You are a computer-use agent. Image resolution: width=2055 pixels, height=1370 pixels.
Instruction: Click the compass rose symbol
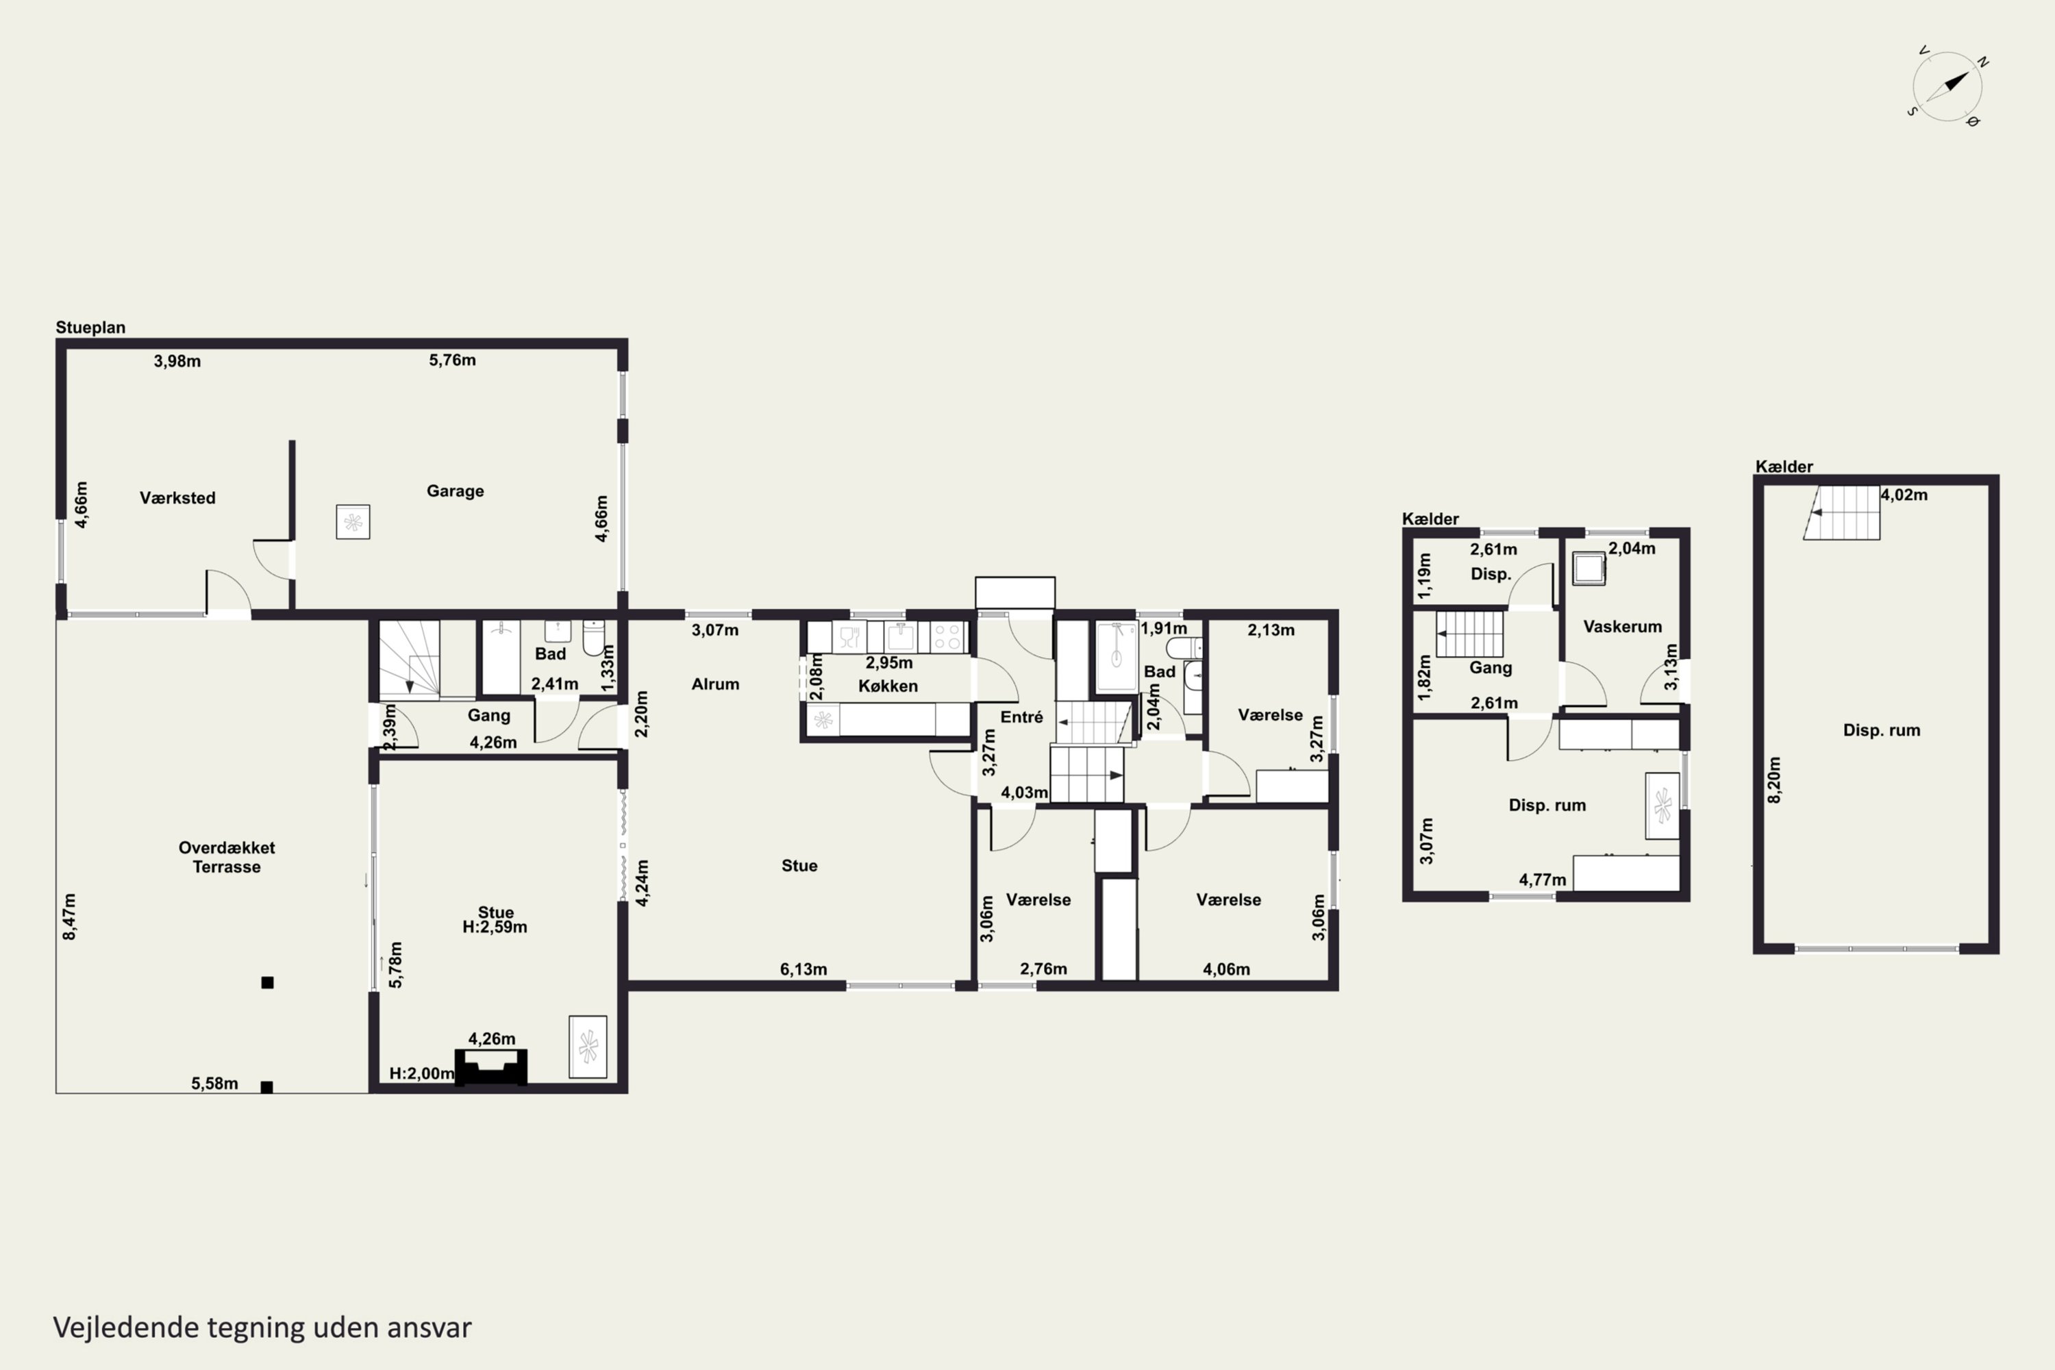point(1947,86)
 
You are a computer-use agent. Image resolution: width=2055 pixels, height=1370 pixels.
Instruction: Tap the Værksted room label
point(177,498)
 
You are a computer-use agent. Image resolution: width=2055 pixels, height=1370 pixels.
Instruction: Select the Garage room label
point(456,491)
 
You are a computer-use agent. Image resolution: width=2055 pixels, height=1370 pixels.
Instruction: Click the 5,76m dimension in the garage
point(453,360)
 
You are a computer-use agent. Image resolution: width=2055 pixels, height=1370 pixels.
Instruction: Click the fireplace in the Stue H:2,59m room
point(491,1067)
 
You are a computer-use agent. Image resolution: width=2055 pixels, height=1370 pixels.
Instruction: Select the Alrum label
point(716,684)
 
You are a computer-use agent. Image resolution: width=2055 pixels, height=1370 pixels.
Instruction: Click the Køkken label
point(888,686)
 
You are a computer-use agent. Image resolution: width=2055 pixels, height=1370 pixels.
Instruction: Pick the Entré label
point(1021,717)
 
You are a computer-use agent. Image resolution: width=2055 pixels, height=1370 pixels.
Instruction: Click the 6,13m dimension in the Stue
point(804,969)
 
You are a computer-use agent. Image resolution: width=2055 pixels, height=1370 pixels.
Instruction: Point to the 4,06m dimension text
point(1227,969)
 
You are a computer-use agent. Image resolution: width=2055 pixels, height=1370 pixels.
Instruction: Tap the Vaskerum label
point(1623,627)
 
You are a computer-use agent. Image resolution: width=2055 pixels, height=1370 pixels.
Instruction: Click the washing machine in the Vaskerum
point(1589,569)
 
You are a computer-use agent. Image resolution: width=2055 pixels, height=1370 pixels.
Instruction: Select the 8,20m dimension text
point(1773,780)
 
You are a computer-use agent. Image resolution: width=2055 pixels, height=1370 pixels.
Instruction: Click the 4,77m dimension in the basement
point(1543,880)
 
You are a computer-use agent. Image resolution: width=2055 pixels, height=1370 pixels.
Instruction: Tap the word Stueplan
point(91,327)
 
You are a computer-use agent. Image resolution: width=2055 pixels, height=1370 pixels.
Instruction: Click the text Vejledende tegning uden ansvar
point(262,1328)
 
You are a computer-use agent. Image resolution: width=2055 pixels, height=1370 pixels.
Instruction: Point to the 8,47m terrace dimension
point(69,917)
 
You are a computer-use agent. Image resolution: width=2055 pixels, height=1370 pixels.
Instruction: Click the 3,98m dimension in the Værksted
point(177,361)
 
